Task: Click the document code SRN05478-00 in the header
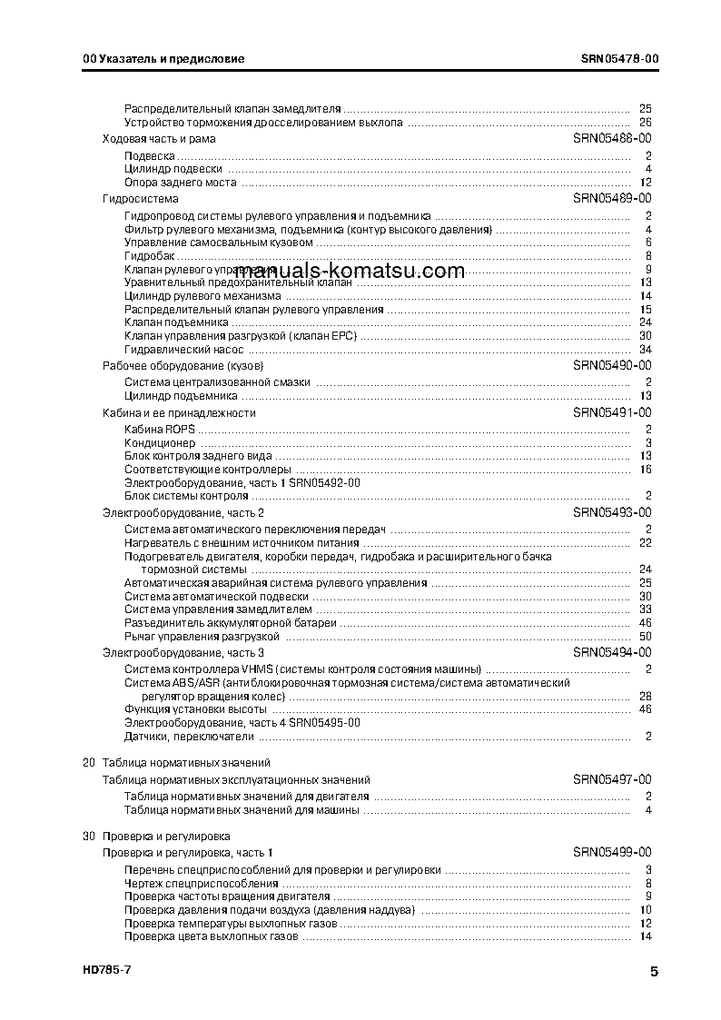pos(620,59)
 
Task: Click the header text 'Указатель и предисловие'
pos(170,59)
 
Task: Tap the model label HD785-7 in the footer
pos(100,971)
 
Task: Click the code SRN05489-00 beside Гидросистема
pos(612,198)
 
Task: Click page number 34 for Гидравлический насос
pos(646,350)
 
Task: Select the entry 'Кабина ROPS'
pos(159,429)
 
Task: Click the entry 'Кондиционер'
pos(159,443)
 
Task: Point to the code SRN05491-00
pos(612,412)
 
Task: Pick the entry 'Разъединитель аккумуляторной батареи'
pos(230,623)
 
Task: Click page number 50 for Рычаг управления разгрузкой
pos(646,637)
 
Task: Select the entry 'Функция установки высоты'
pos(194,708)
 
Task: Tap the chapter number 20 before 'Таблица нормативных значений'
pos(88,763)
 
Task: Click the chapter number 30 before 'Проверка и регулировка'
pos(88,836)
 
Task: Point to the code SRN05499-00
pos(612,852)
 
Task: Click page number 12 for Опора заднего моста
pos(646,183)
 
